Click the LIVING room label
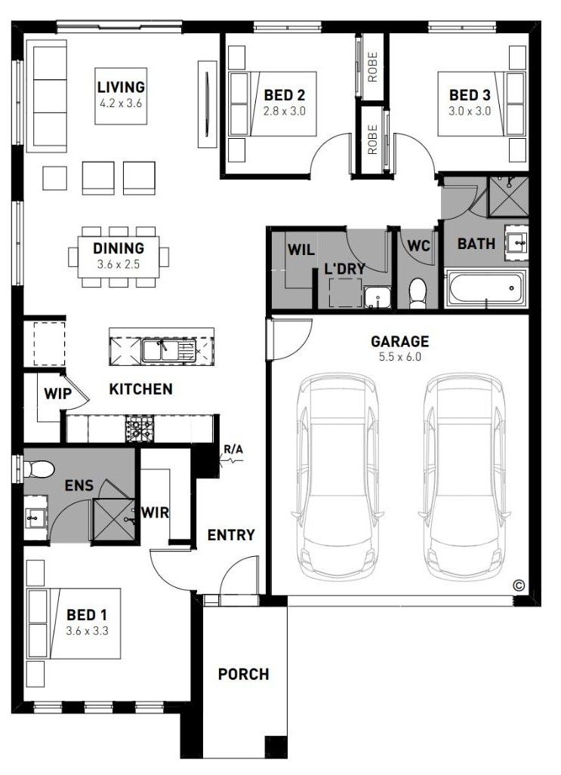click(x=122, y=88)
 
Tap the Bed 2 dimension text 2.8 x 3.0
click(x=284, y=111)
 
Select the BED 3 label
click(x=470, y=95)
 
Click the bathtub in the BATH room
click(x=485, y=288)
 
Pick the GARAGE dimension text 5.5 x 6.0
click(x=399, y=356)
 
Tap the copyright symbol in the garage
click(x=519, y=586)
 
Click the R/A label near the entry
click(x=233, y=451)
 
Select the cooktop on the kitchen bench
click(x=140, y=428)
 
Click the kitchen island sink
click(x=169, y=350)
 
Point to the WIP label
click(x=58, y=394)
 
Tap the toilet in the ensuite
click(x=38, y=469)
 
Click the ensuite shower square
click(x=114, y=519)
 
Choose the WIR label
click(x=156, y=512)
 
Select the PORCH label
click(x=243, y=674)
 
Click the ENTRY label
click(x=231, y=535)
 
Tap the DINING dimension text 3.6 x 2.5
click(x=119, y=264)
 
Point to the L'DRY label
click(x=344, y=269)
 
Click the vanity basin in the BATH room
click(x=517, y=243)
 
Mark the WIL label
click(x=301, y=250)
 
